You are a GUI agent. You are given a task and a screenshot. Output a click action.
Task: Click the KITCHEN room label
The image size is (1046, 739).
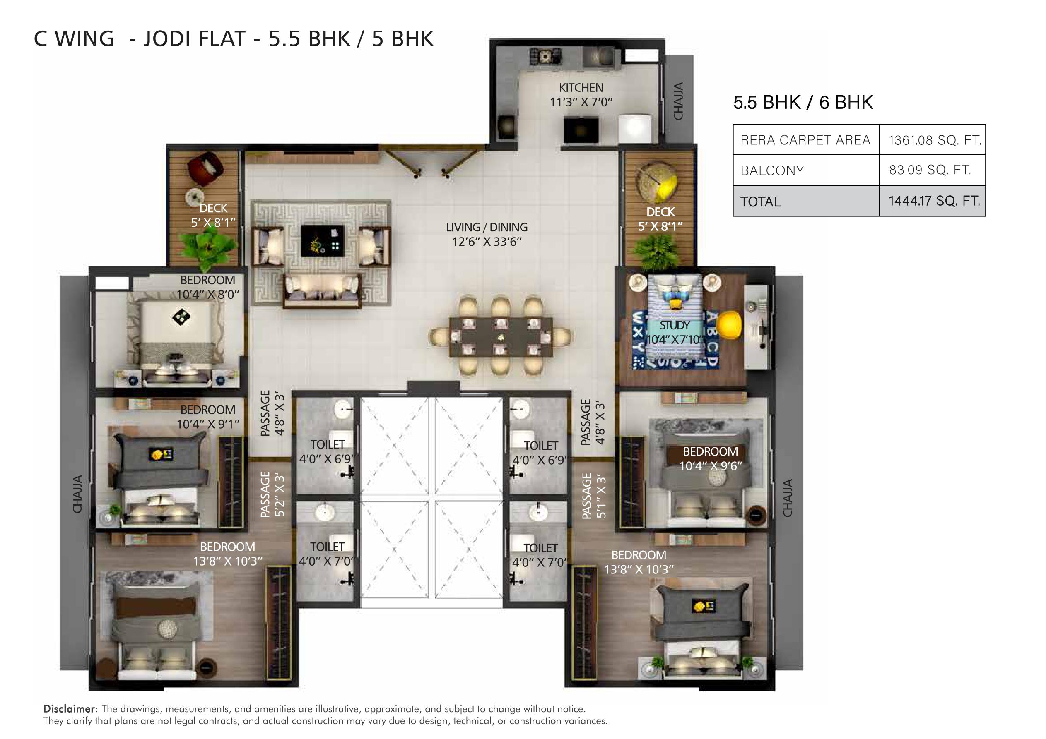[x=581, y=87]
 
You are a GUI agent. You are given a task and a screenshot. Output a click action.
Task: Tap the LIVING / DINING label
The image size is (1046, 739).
[x=487, y=227]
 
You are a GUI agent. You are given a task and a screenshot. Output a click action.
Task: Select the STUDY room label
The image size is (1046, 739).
[x=675, y=325]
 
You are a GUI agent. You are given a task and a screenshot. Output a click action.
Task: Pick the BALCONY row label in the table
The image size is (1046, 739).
[x=772, y=170]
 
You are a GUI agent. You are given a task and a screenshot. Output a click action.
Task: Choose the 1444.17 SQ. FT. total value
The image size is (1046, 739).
[x=934, y=201]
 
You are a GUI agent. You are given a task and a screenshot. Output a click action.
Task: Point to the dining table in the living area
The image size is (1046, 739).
[x=501, y=337]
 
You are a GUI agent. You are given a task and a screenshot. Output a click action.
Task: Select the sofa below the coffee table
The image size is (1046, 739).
[x=322, y=290]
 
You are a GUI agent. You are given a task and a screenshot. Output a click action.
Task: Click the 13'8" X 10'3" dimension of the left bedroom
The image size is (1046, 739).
[x=228, y=561]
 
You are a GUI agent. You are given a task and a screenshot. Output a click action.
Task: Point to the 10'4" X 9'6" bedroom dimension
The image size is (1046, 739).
[x=711, y=466]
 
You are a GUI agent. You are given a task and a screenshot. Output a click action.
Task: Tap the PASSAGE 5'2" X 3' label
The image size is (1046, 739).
[x=272, y=494]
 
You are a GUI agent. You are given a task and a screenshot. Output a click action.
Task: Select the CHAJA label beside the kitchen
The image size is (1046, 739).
[x=678, y=101]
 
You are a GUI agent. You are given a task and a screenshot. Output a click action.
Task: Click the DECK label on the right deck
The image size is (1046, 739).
[x=660, y=212]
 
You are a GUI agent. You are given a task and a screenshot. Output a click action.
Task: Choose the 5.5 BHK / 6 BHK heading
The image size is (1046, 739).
[x=803, y=103]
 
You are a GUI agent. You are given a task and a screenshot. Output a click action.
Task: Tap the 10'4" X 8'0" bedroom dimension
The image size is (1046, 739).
[x=208, y=295]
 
